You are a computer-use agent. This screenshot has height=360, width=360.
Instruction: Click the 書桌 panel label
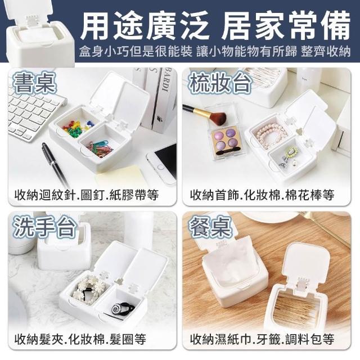35,84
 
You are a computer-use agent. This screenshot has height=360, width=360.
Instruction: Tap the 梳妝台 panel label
219,83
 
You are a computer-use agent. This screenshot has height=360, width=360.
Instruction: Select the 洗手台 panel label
44,227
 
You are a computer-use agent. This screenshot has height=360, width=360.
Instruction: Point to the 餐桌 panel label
210,227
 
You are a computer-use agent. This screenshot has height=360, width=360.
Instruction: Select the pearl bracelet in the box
271,133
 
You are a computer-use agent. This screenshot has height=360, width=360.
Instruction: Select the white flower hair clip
88,288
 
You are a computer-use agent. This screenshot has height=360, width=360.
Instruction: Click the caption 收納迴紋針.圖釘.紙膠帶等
87,195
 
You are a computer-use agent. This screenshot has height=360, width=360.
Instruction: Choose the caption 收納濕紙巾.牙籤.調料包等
262,339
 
